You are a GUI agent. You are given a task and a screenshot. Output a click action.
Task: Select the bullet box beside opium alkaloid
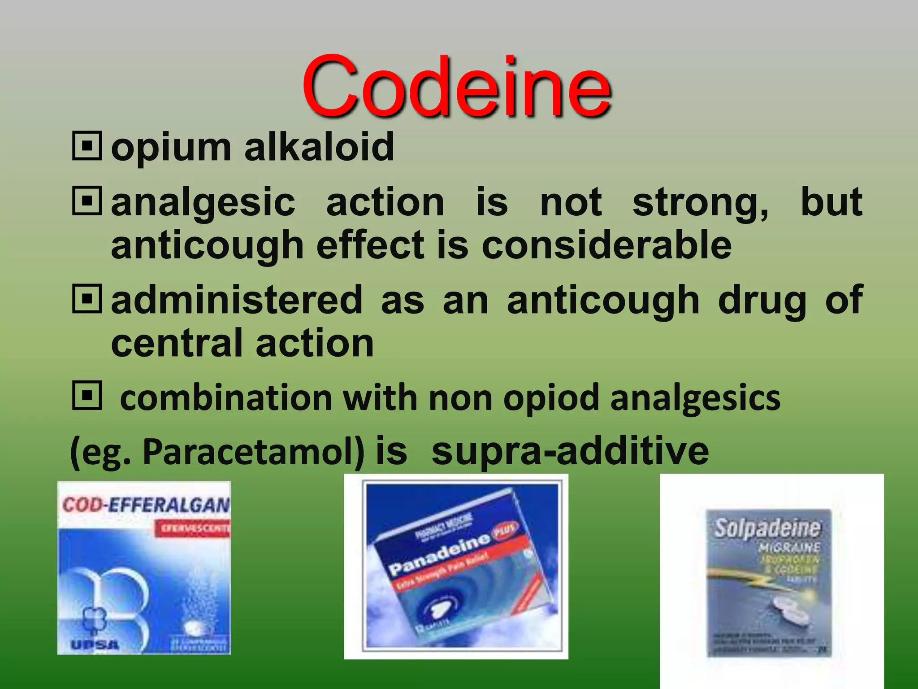pyautogui.click(x=87, y=145)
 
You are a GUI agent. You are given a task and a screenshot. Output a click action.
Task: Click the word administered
pyautogui.click(x=237, y=300)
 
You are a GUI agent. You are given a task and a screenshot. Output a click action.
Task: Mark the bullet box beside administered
pyautogui.click(x=87, y=298)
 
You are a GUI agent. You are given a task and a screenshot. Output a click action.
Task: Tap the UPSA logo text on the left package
pyautogui.click(x=95, y=645)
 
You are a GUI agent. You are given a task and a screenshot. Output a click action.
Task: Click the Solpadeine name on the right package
pyautogui.click(x=767, y=528)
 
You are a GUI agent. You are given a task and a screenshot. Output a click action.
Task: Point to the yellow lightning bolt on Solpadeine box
pyautogui.click(x=744, y=579)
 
